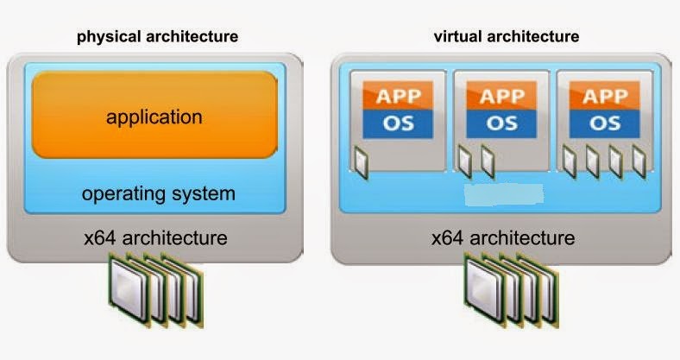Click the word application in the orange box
pos(154,117)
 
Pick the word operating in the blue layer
pos(120,193)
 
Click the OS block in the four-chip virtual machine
pos(604,122)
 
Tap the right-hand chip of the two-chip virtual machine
pos(488,159)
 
